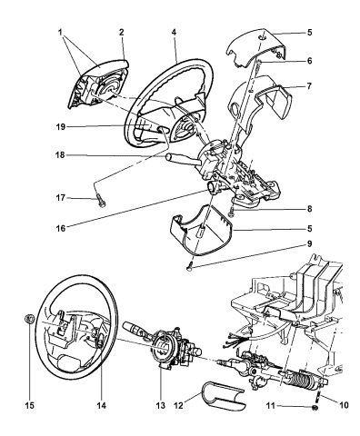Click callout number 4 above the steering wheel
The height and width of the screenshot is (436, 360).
[x=174, y=32]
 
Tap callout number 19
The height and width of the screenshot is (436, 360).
[x=61, y=127]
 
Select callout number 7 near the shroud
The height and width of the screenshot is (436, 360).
[x=309, y=86]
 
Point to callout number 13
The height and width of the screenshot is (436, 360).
[x=161, y=405]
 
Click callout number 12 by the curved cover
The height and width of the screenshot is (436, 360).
[x=179, y=405]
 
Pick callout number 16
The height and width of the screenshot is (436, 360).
[x=61, y=228]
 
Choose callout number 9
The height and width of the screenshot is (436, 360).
[x=309, y=243]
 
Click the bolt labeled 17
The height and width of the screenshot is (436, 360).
[x=100, y=202]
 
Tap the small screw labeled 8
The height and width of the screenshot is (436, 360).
[x=232, y=211]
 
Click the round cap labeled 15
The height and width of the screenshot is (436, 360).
[x=29, y=319]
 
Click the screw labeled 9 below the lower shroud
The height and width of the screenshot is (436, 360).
[x=190, y=266]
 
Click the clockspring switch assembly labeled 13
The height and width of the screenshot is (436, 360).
[x=170, y=348]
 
